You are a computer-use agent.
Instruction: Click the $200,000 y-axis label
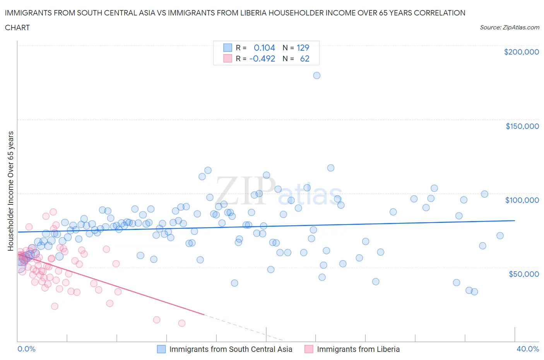(x=521, y=52)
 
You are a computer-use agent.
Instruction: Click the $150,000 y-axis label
(x=522, y=126)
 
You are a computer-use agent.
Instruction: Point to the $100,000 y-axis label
(x=522, y=200)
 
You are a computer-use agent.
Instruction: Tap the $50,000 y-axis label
(x=523, y=274)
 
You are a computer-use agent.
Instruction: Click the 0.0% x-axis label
(x=26, y=349)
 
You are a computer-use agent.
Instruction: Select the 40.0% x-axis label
(x=528, y=349)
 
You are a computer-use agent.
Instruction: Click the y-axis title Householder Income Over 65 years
(x=10, y=191)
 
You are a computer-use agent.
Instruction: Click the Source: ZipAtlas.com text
(x=509, y=27)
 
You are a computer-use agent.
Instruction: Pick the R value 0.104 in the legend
(x=264, y=48)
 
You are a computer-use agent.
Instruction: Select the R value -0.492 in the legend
(x=262, y=58)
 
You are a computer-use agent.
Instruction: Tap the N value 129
(x=303, y=48)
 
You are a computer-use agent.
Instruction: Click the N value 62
(x=305, y=58)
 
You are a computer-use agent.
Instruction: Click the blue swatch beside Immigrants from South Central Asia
(x=161, y=349)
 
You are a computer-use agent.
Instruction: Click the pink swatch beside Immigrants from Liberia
(x=309, y=349)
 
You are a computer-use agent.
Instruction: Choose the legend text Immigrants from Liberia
(x=358, y=349)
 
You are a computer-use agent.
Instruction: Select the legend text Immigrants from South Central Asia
(x=231, y=349)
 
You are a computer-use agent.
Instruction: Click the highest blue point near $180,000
(x=316, y=75)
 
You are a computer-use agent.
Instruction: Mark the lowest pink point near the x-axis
(x=181, y=323)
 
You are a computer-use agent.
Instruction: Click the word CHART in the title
(x=17, y=27)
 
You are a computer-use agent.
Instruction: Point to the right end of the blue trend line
(x=515, y=220)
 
